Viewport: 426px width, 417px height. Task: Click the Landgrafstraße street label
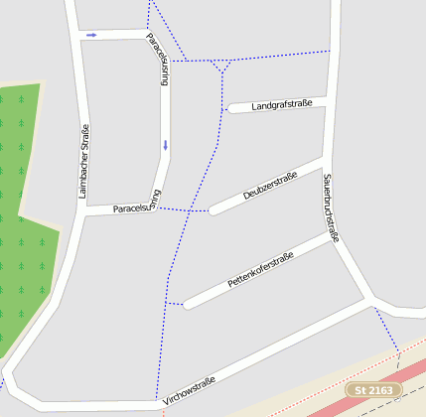click(x=282, y=104)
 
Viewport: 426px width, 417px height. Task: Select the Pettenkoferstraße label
click(x=261, y=271)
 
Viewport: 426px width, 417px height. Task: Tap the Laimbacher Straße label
click(x=84, y=160)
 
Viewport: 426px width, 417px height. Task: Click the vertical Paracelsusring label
click(x=158, y=61)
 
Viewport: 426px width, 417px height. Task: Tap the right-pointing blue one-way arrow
click(x=91, y=35)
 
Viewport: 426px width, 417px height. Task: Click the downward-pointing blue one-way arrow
click(x=165, y=145)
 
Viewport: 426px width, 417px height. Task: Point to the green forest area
click(x=22, y=218)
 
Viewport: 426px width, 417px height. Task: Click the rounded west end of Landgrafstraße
click(x=231, y=109)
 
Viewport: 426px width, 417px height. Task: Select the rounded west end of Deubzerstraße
click(x=213, y=209)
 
